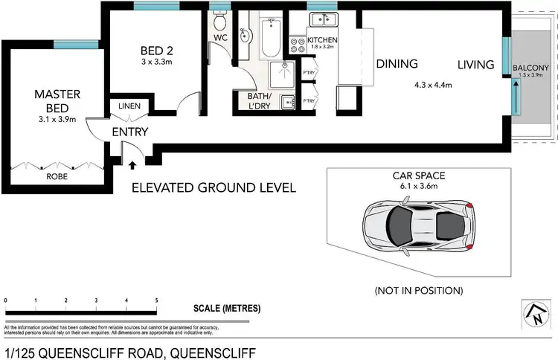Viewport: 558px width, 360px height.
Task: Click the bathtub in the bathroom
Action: point(269,36)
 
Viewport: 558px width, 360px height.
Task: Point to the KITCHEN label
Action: point(321,39)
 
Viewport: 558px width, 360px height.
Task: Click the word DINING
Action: point(397,65)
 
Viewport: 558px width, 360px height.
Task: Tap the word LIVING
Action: point(475,65)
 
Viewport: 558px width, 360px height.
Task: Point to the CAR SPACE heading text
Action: point(420,176)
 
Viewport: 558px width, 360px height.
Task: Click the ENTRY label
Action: point(130,132)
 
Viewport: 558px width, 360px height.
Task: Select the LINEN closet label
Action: point(129,106)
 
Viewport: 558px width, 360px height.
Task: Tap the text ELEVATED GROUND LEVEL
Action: point(214,188)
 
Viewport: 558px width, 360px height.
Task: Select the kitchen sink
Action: point(322,21)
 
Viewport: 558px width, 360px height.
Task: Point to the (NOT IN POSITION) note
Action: point(420,289)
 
